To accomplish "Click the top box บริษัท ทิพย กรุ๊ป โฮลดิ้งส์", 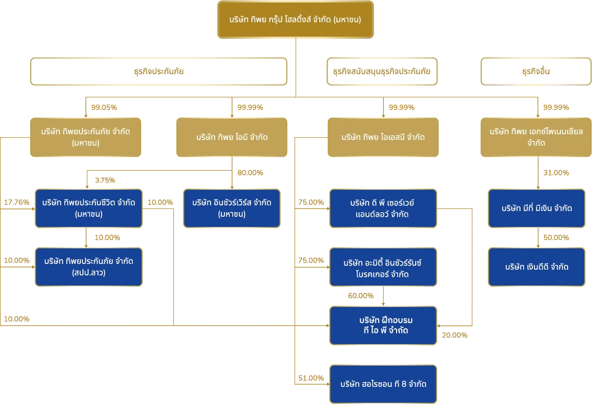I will tap(294, 20).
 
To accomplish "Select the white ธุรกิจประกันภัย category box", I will tap(158, 72).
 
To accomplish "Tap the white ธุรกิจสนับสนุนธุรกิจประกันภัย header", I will tap(382, 72).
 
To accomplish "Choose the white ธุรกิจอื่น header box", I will tap(535, 72).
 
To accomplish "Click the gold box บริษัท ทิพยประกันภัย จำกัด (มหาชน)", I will tap(86, 137).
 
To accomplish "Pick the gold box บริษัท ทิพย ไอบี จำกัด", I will tap(232, 137).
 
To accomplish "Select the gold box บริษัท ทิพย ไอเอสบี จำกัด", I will tap(383, 137).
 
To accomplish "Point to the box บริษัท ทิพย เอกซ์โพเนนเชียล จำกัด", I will tap(535, 137).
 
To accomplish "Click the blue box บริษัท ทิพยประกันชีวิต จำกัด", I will tap(89, 208).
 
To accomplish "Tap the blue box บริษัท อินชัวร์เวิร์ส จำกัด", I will tap(232, 208).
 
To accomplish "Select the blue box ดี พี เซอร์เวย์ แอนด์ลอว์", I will tap(383, 208).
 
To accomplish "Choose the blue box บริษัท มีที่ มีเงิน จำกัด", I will tap(537, 208).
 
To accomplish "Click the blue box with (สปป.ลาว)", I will tap(89, 267).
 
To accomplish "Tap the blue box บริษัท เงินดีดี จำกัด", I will tap(537, 267).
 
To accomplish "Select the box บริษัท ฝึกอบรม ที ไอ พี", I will tap(383, 325).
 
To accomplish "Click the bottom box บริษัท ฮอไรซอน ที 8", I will tap(383, 384).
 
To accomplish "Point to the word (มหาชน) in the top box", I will tap(347, 20).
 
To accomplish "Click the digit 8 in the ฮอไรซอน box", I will tap(404, 384).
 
